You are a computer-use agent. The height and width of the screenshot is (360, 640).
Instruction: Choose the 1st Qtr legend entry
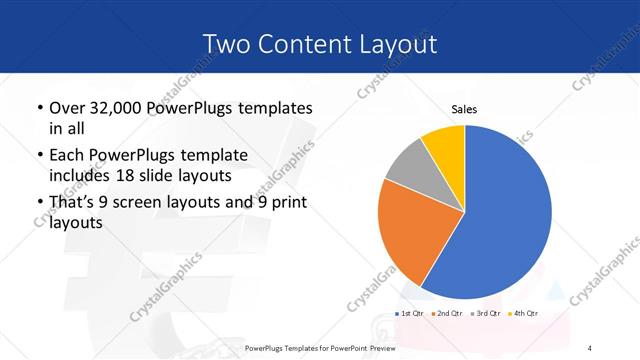[411, 314]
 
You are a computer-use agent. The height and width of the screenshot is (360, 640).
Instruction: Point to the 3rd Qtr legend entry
[486, 314]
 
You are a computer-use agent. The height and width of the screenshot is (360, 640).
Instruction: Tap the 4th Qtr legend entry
[524, 314]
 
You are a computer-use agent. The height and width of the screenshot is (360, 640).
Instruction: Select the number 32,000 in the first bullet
[119, 107]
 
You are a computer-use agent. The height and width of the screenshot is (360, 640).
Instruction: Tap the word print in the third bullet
[286, 203]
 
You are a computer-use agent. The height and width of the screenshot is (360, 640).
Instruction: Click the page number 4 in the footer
[590, 347]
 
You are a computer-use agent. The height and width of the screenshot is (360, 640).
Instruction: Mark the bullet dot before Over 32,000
[39, 108]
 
